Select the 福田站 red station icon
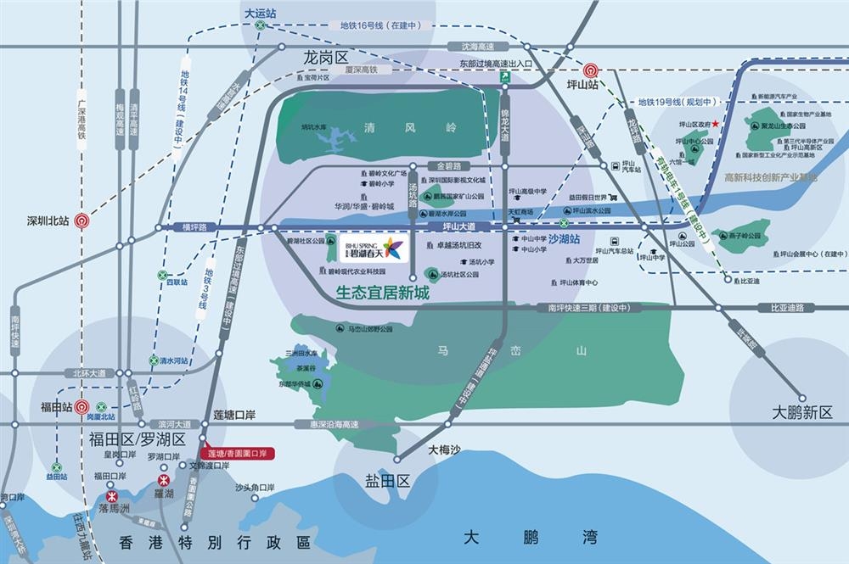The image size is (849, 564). [82, 406]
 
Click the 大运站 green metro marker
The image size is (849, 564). [261, 26]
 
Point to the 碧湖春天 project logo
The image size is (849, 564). [374, 248]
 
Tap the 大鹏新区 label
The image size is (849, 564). [802, 412]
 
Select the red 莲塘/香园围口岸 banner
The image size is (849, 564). [238, 453]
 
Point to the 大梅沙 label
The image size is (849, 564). [444, 450]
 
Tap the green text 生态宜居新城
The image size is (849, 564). [383, 293]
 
